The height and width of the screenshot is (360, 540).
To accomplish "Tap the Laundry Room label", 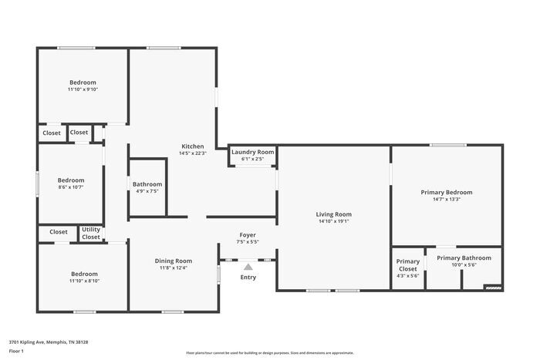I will click(x=253, y=152).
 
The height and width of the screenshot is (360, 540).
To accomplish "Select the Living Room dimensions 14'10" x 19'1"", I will click(x=333, y=221).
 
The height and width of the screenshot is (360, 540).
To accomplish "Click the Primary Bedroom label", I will click(x=446, y=192).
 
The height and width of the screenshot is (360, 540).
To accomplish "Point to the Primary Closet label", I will click(x=408, y=264).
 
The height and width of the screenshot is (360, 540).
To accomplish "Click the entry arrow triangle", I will click(x=248, y=266).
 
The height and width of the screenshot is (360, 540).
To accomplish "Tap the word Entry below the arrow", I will click(x=248, y=278).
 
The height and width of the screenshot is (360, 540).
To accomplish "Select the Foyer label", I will click(x=248, y=234).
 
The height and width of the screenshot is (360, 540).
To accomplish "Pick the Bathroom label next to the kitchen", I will click(x=147, y=184).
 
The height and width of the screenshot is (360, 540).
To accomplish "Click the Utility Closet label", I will click(x=91, y=233).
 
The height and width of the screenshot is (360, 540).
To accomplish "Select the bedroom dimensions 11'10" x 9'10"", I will click(x=83, y=89).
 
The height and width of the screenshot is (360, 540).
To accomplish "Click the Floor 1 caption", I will click(x=17, y=351).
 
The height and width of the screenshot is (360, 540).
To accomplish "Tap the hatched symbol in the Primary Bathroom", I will click(x=492, y=288).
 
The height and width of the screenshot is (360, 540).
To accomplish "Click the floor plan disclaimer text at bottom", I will click(x=269, y=352).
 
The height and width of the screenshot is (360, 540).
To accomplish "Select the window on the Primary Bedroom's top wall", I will click(x=447, y=145).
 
